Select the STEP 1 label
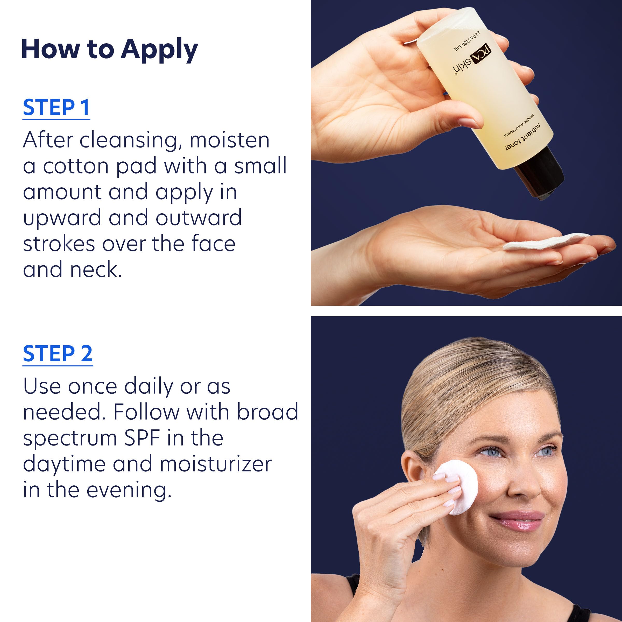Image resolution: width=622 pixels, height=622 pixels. [x=56, y=108]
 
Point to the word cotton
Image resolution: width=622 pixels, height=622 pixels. [x=76, y=166]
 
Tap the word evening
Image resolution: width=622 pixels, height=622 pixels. [x=129, y=490]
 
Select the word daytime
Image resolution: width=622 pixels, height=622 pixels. [x=64, y=465]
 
